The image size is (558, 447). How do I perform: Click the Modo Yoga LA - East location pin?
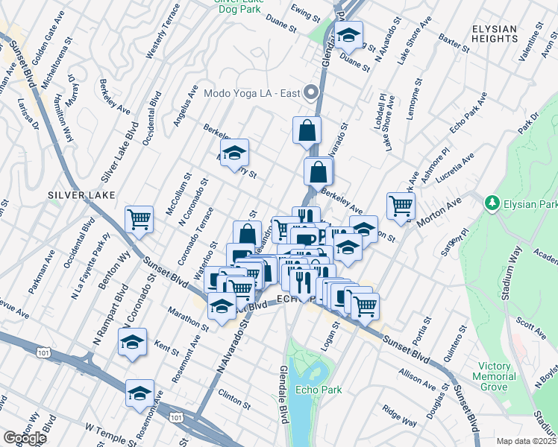coord(314,94)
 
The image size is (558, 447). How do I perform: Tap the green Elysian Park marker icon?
coord(491,203)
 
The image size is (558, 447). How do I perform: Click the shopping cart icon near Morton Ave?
coord(401,206)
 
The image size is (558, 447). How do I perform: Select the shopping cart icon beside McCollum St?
coord(139,219)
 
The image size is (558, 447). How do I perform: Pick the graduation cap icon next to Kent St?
coord(132,342)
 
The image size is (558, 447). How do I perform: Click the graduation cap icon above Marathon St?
coord(222,306)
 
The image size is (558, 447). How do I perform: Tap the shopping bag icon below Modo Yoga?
coord(307,130)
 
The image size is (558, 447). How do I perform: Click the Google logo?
coord(25,437)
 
